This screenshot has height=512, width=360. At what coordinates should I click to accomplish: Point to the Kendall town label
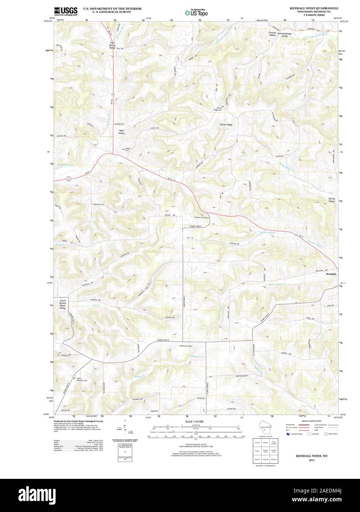(x=331, y=274)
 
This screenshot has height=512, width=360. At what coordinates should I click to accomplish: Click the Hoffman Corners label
(x=186, y=346)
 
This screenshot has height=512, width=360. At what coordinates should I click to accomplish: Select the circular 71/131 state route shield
(x=68, y=179)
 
